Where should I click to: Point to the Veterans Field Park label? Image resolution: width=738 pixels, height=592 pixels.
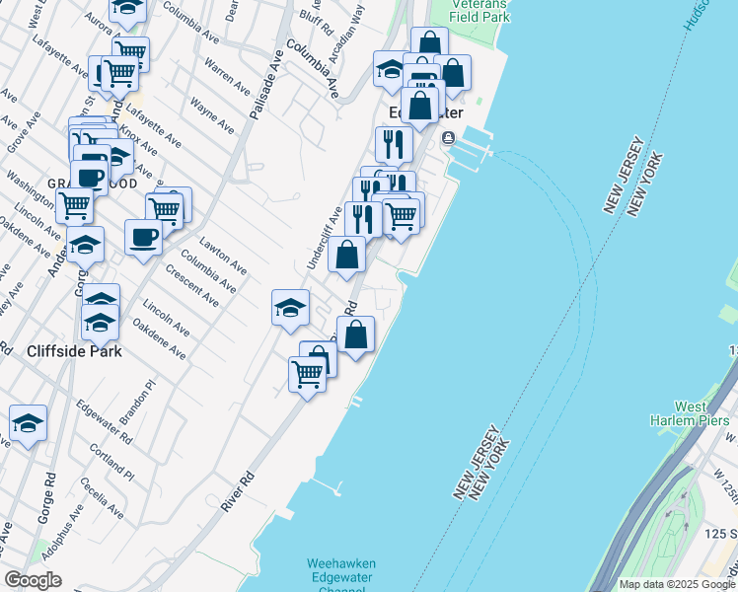(480, 10)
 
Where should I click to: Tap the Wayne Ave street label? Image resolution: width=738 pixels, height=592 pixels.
(212, 114)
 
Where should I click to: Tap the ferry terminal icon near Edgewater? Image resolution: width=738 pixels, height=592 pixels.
(448, 138)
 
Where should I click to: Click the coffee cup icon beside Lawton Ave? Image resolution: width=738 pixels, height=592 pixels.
(143, 237)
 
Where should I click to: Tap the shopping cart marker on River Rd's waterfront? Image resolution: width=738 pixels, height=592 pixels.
(307, 374)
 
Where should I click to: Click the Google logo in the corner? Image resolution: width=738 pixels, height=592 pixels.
(33, 580)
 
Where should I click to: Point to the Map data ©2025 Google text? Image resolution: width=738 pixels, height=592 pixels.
(677, 584)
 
